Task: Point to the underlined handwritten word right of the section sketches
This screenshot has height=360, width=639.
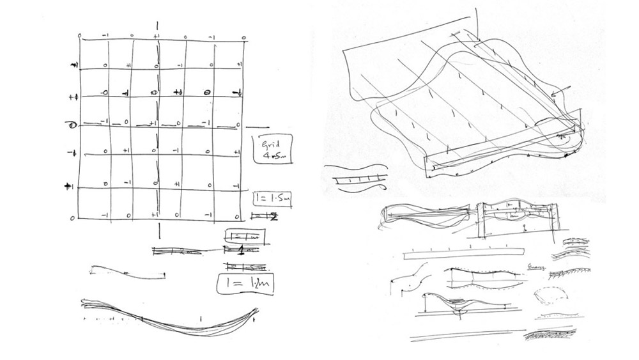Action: pyautogui.click(x=535, y=268)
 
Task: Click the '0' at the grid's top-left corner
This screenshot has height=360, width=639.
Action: pyautogui.click(x=79, y=36)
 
